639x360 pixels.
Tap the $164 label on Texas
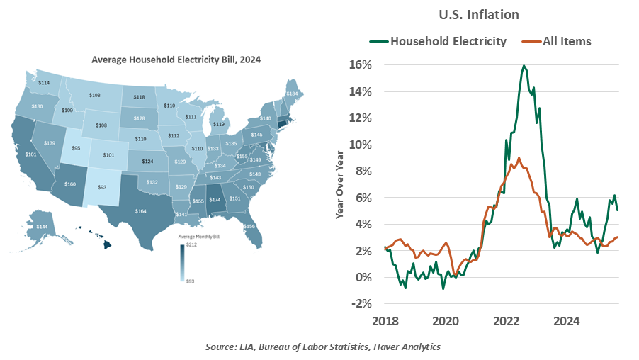[141, 210]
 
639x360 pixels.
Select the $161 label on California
[30, 154]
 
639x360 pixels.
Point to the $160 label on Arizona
[70, 184]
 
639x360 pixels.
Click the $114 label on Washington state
[44, 83]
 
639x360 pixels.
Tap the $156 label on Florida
[268, 226]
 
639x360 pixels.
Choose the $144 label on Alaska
[42, 226]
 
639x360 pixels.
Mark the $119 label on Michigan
[219, 124]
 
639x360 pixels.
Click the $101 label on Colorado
[108, 154]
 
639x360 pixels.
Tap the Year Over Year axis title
[339, 184]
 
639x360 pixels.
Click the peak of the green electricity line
[524, 66]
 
